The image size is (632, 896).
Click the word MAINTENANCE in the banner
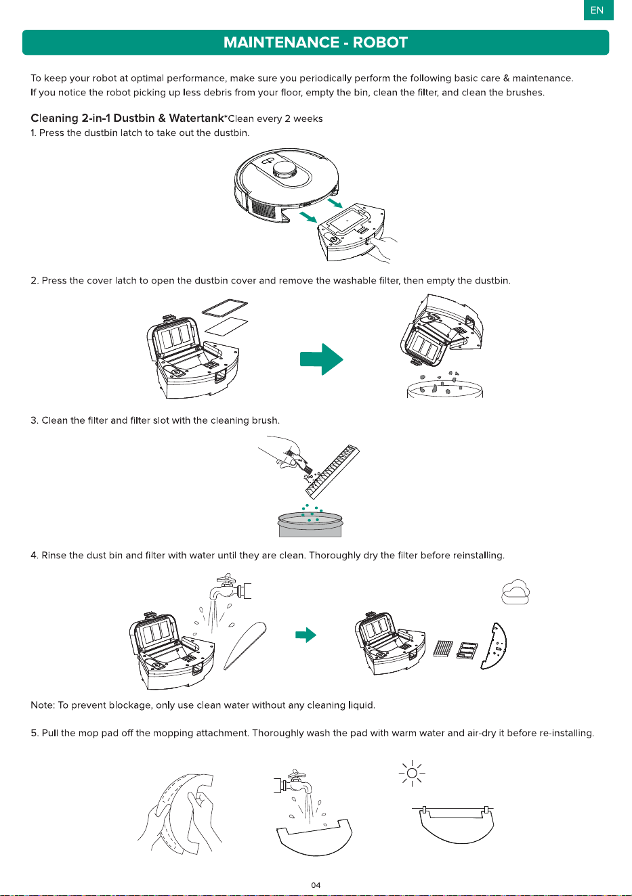[x=281, y=43]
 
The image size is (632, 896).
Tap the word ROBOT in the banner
[x=380, y=43]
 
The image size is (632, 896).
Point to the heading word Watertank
[x=196, y=118]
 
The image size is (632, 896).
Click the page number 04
[x=316, y=885]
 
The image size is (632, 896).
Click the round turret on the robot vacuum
[x=286, y=171]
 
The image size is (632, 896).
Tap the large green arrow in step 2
[x=321, y=359]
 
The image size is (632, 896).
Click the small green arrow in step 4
[x=306, y=635]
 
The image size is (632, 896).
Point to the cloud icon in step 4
[x=515, y=591]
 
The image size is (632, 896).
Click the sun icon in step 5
[x=412, y=773]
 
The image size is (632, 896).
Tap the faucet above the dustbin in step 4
[x=230, y=587]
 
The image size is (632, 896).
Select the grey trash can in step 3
[x=310, y=524]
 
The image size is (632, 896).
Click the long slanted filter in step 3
[x=333, y=472]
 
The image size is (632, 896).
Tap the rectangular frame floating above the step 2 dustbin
[x=225, y=308]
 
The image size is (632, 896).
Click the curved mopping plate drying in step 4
[x=494, y=646]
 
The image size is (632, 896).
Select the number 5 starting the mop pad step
[x=33, y=733]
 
